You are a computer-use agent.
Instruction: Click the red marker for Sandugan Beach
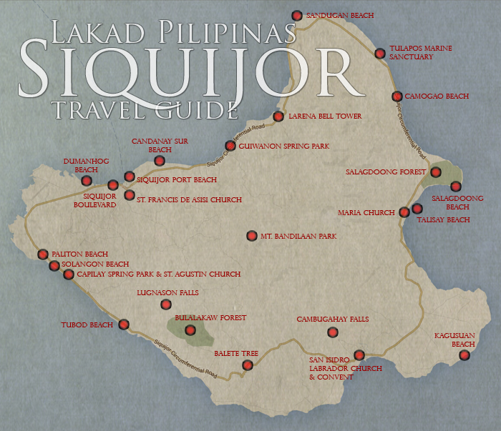[x=297, y=15]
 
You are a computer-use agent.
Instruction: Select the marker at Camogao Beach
[x=397, y=96]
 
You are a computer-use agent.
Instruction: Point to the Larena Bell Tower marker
[x=278, y=117]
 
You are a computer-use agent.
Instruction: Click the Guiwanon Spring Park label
[x=284, y=146]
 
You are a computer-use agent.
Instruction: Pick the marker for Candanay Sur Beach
[x=160, y=161]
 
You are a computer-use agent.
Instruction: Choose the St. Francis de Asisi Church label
[x=189, y=200]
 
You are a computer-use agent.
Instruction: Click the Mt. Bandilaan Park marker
[x=251, y=235]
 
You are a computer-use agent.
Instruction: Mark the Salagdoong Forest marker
[x=434, y=172]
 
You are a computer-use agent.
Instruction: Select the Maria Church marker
[x=404, y=212]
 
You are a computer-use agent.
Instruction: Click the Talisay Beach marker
[x=417, y=209]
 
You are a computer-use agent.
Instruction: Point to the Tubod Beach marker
[x=124, y=325]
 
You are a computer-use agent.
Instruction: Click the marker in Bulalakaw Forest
[x=190, y=330]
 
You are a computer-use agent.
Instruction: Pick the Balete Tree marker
[x=248, y=365]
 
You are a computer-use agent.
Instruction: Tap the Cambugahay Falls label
[x=332, y=319]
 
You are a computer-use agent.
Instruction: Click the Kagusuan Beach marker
[x=464, y=355]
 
